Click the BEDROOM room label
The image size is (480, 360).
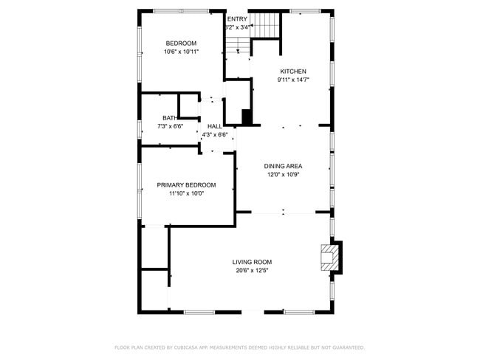tap(181, 43)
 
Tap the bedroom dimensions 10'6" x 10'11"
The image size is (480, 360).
tap(181, 52)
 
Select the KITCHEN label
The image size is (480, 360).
tap(292, 72)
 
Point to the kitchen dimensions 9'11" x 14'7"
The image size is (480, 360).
tap(292, 80)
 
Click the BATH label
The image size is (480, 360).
tap(170, 118)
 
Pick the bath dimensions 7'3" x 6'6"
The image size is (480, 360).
tap(170, 126)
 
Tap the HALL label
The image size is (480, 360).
tap(214, 126)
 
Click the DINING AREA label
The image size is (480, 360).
tap(284, 166)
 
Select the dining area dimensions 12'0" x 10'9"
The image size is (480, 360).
tap(284, 175)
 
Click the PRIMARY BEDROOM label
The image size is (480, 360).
tap(186, 184)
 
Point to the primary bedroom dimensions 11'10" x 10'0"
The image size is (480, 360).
tap(186, 193)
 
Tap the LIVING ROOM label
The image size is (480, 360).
tap(253, 262)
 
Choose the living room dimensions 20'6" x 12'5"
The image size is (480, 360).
tap(253, 271)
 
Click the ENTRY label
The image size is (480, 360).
tap(238, 19)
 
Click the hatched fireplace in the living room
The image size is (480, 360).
tap(327, 257)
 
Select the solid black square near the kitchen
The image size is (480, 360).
tap(247, 117)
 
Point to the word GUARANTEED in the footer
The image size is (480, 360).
tap(346, 347)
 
